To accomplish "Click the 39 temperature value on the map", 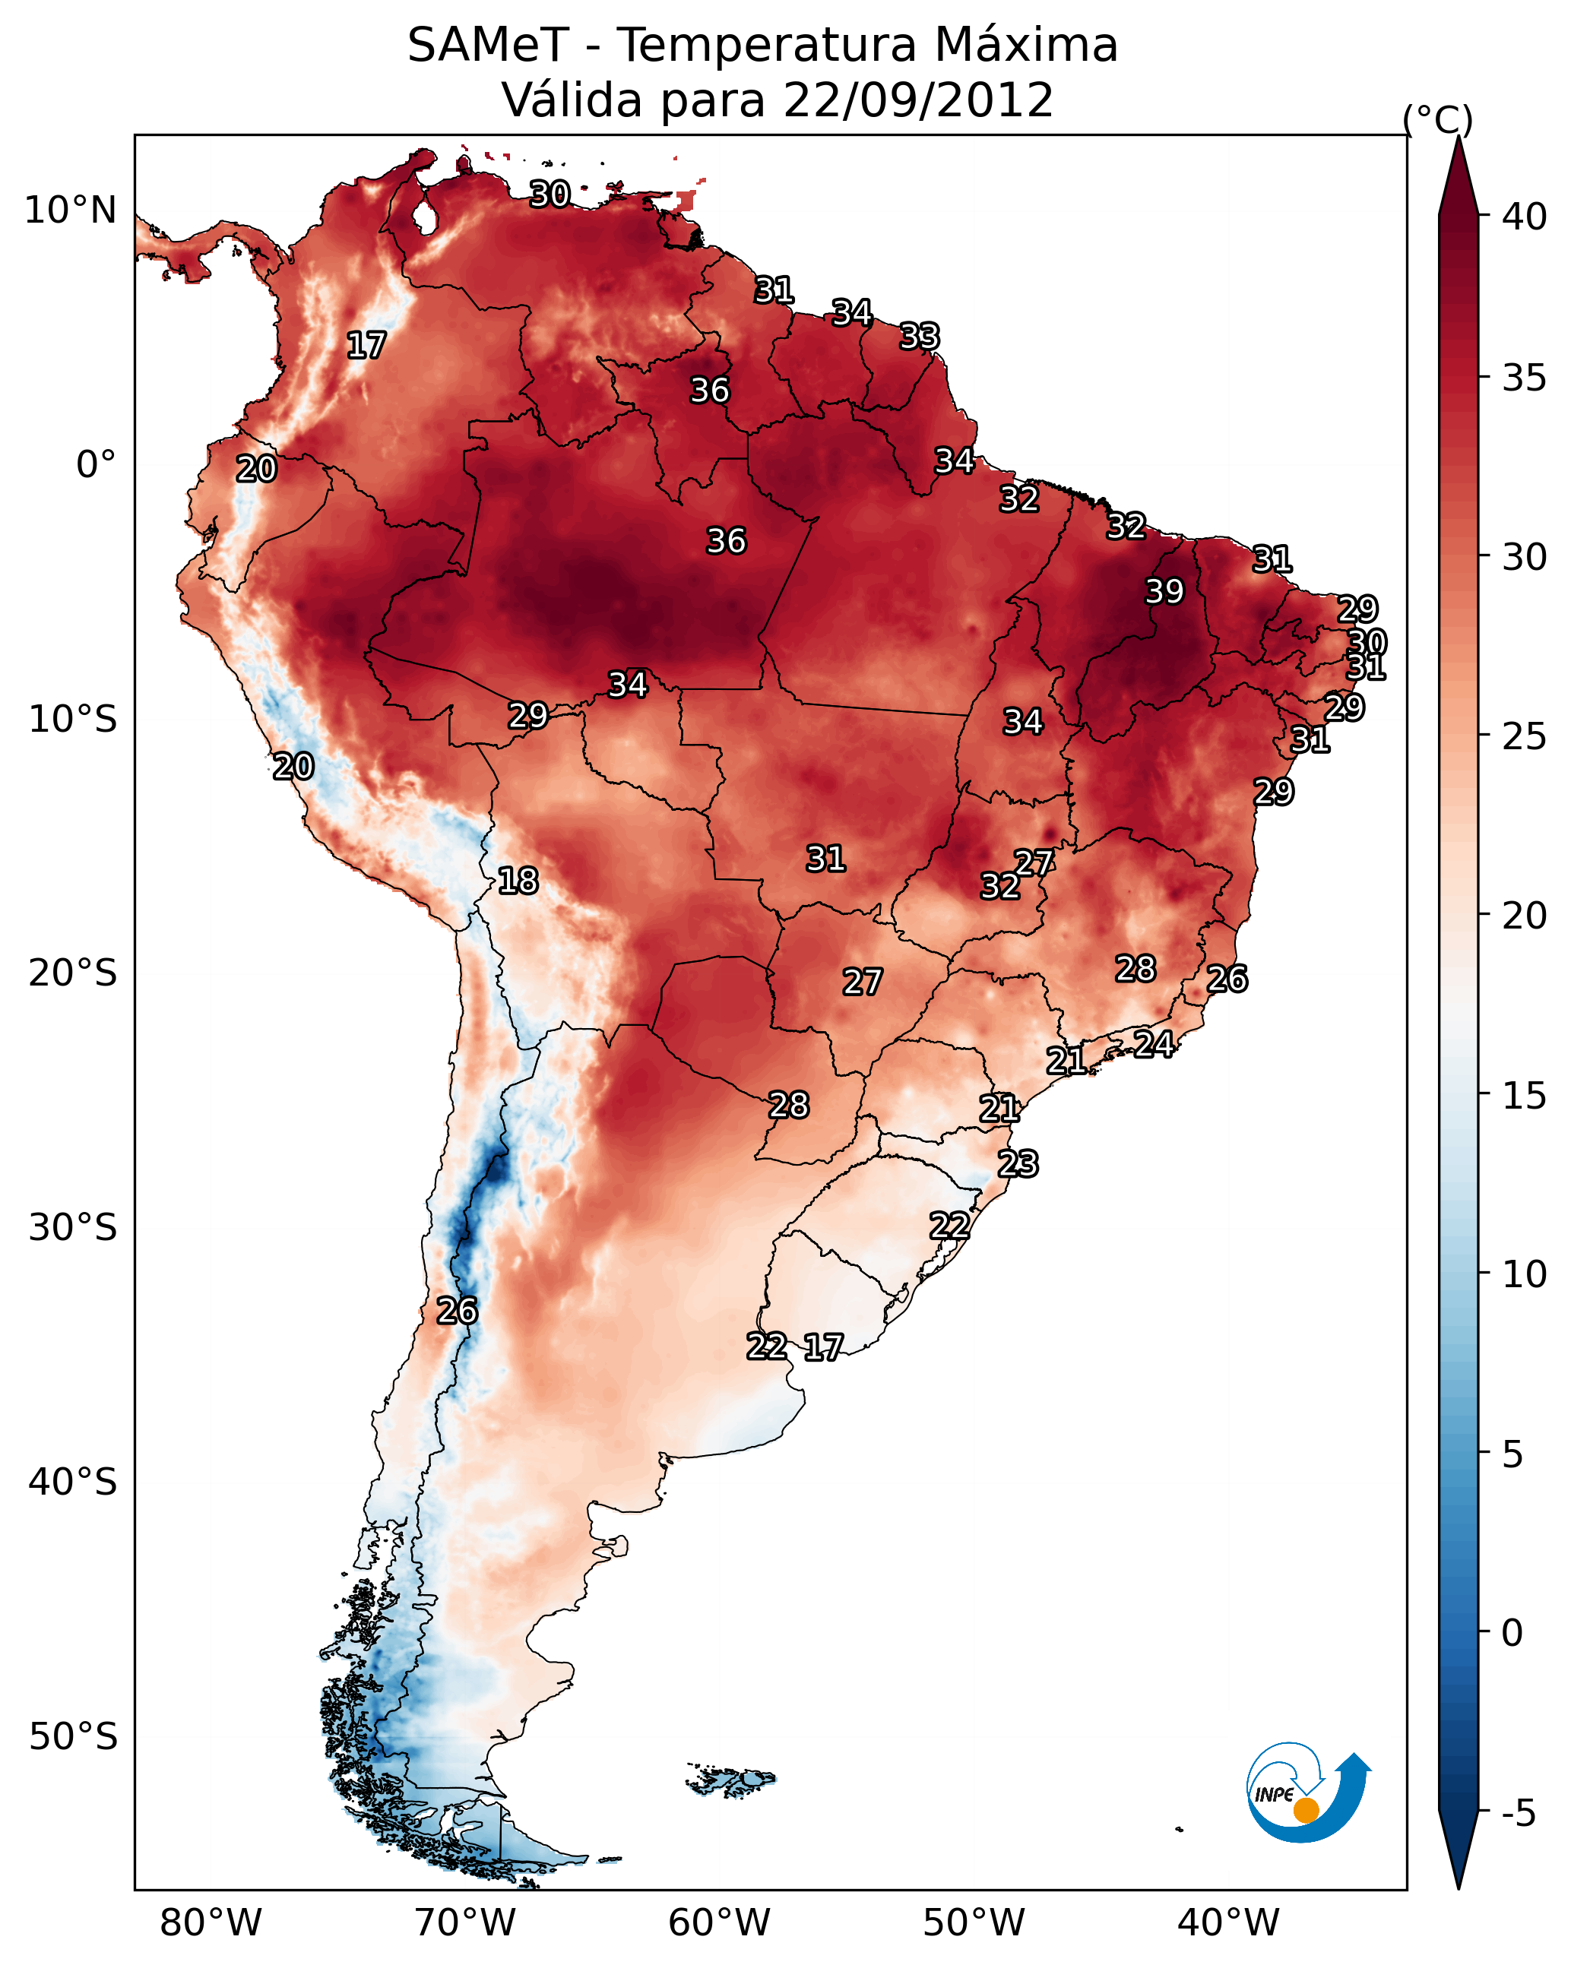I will coord(1164,591).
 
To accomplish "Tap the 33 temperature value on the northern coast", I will coord(919,337).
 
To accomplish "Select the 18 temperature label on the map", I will coord(518,881).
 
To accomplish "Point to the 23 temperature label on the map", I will coord(1018,1164).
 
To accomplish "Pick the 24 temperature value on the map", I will coord(1154,1043).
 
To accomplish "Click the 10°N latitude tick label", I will coord(70,210).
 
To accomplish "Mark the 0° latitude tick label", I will coord(96,465).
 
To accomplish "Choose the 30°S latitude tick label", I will coord(73,1228).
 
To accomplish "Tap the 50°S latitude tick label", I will coord(73,1737).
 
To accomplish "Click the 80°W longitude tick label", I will coord(211,1922).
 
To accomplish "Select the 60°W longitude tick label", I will coord(720,1922).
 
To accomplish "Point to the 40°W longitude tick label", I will coord(1228,1922).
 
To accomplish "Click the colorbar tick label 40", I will coord(1525,217).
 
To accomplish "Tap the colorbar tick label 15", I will coord(1525,1096).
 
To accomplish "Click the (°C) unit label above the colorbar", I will coord(1438,119).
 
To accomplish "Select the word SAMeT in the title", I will coord(488,46).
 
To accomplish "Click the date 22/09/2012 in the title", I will coord(918,100).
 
